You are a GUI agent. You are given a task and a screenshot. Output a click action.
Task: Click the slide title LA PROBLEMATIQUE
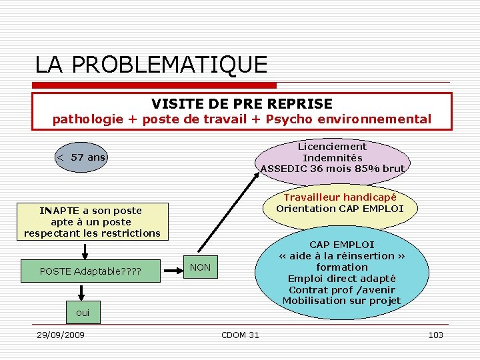pos(151,65)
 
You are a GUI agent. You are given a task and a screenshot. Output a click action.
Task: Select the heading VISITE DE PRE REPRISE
pos(241,103)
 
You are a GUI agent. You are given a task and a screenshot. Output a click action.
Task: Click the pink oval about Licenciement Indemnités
pos(332,157)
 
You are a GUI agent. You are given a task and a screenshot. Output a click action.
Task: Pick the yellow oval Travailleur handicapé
pos(339,203)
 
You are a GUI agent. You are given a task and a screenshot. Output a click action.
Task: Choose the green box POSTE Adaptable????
pos(91,271)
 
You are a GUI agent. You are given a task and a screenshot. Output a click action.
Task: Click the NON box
pos(200,267)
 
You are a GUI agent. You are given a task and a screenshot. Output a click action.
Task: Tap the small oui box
pos(82,312)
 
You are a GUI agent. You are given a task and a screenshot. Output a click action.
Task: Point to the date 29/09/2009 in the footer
pos(60,335)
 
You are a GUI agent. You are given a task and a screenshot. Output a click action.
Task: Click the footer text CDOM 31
pos(240,335)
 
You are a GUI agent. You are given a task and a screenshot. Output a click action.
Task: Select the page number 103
pos(435,335)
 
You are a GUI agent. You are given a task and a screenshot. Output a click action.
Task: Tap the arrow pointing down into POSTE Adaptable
pos(85,250)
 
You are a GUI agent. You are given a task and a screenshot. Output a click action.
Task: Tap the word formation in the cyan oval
pos(342,267)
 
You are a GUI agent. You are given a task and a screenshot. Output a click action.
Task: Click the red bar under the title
pos(154,85)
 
